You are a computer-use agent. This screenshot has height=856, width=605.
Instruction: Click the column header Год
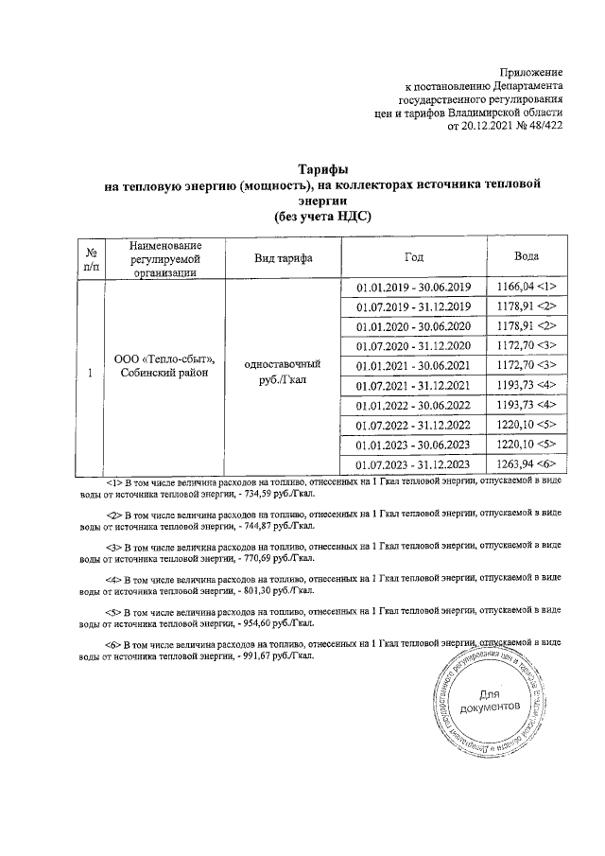coord(413,257)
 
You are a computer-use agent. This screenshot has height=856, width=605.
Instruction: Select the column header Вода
coord(527,257)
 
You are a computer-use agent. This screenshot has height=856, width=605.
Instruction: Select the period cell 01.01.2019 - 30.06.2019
coord(413,287)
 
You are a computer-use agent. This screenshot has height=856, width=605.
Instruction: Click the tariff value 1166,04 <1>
coord(527,287)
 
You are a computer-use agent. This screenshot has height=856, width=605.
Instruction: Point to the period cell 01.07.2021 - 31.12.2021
coord(413,385)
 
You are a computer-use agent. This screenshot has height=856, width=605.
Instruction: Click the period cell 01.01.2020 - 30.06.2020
coord(413,326)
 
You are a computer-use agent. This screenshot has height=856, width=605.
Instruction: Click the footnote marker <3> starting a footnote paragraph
coord(113,547)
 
